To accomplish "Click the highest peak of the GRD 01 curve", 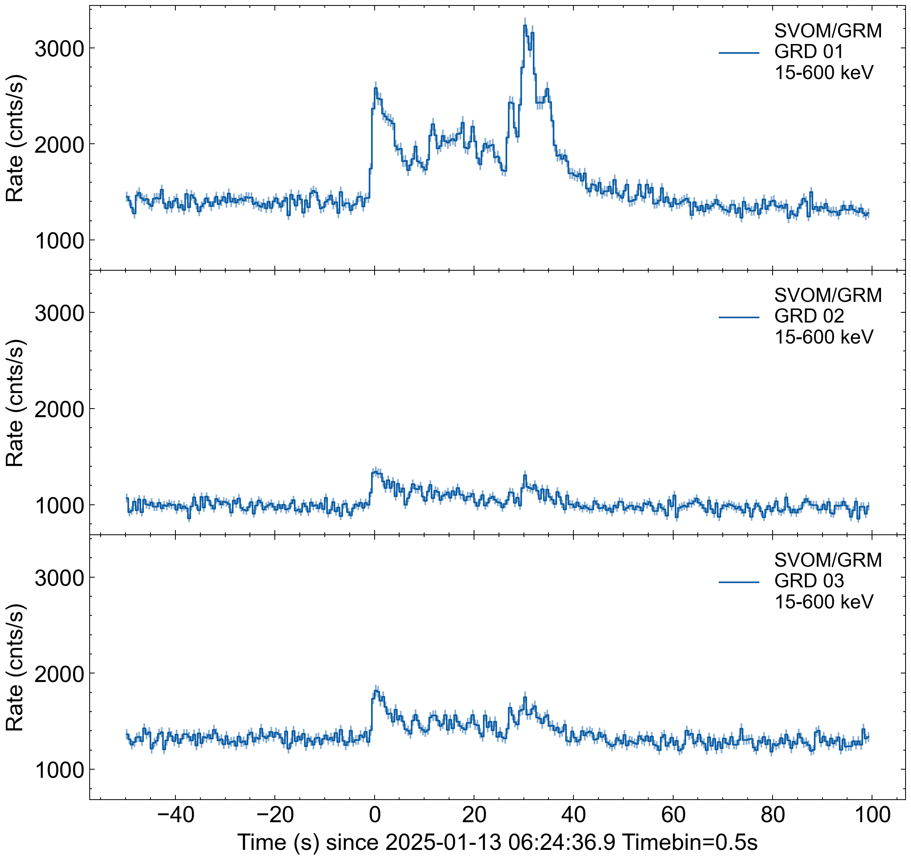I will pyautogui.click(x=525, y=25).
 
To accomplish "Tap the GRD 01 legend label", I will pyautogui.click(x=809, y=52).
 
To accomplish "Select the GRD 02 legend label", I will pyautogui.click(x=809, y=316).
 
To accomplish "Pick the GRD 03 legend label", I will pyautogui.click(x=809, y=581).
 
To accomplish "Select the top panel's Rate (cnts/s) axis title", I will pyautogui.click(x=15, y=137).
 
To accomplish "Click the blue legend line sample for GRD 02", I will pyautogui.click(x=739, y=317).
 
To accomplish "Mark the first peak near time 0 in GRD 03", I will pyautogui.click(x=376, y=691).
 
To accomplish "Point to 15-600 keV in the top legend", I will pyautogui.click(x=824, y=73).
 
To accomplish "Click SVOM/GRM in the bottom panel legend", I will pyautogui.click(x=828, y=560).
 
